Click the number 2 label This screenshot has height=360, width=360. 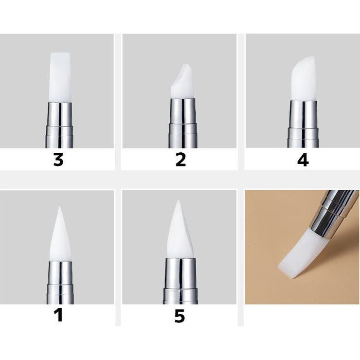180,160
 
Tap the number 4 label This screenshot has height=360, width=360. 303,160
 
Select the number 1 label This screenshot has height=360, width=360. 59,315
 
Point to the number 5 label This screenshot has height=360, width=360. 180,316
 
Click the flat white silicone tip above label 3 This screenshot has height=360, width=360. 60,77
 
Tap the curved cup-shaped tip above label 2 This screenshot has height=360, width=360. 182,83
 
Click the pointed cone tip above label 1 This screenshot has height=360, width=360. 60,236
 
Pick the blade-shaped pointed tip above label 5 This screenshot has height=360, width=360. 180,232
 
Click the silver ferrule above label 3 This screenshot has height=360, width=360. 59,125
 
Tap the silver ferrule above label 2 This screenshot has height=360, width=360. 183,123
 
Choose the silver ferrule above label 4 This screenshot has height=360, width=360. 303,124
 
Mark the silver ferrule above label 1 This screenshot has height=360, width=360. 60,282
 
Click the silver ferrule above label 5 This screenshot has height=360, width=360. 180,281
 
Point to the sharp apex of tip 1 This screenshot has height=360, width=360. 59,206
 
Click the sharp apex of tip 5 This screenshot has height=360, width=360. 178,200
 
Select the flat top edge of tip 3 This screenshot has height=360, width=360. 60,53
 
